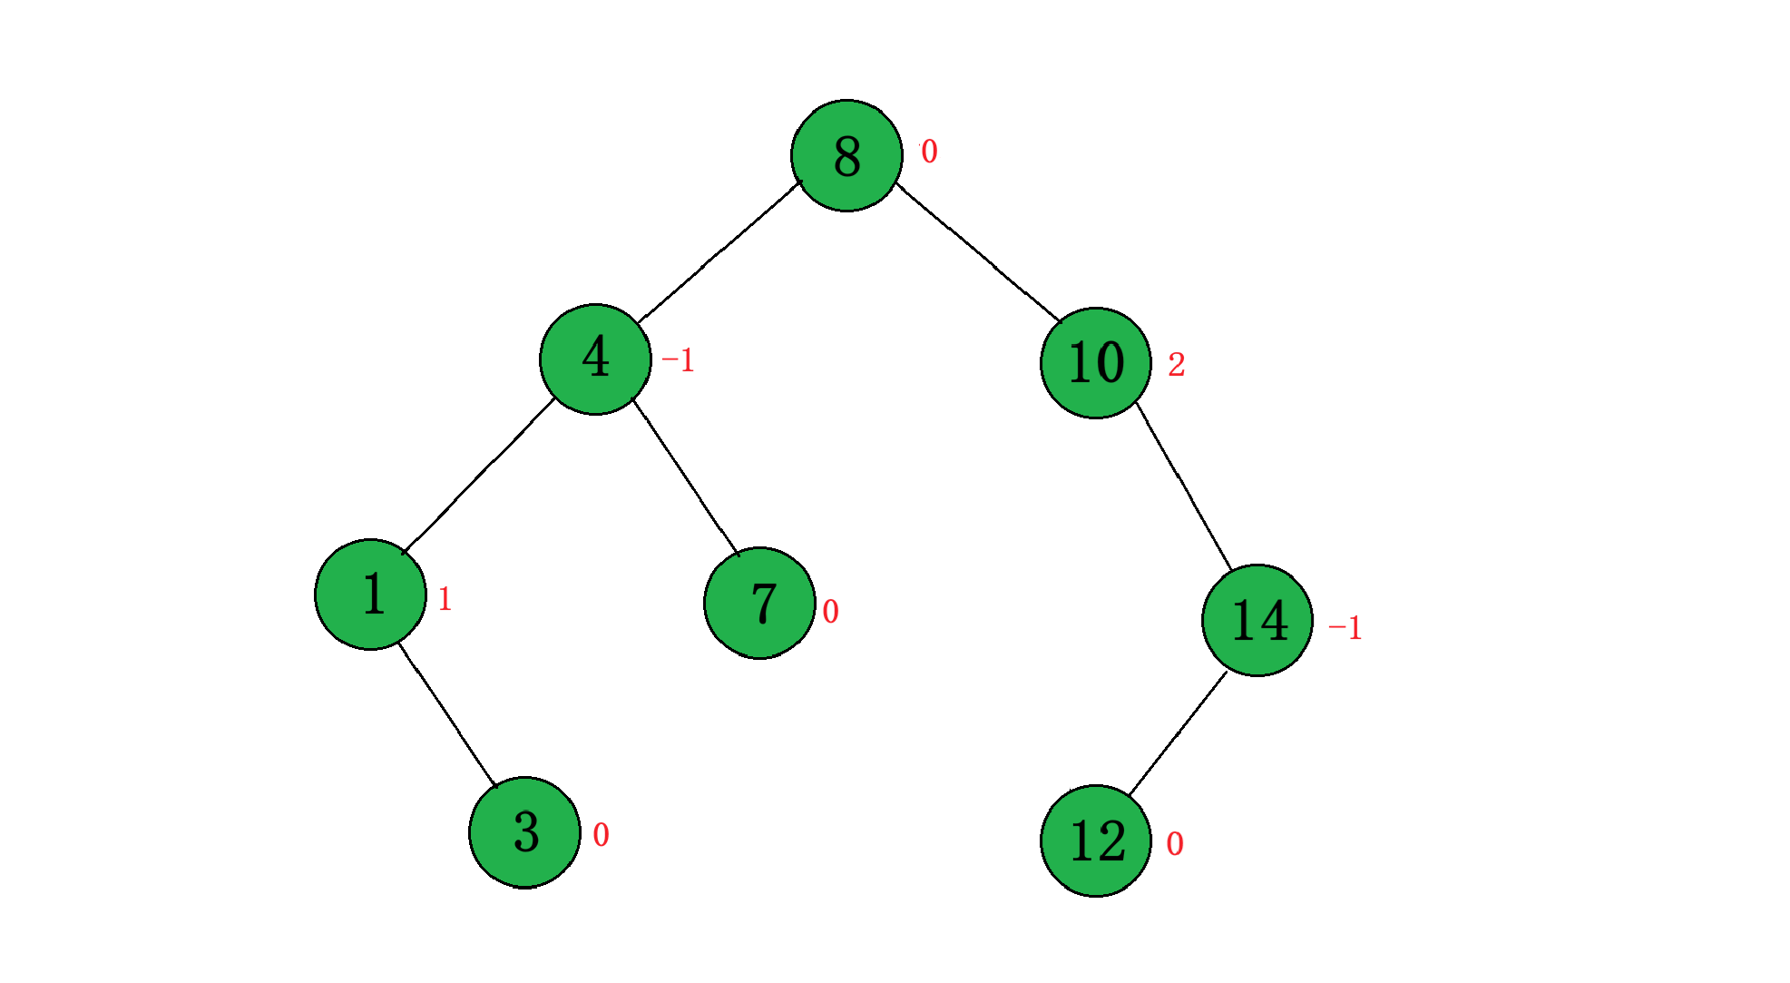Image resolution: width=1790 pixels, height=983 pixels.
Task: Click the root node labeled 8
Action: [x=846, y=155]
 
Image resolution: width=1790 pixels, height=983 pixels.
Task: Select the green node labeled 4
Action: [x=595, y=359]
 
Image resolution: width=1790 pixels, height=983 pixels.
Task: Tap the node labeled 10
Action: [x=1095, y=363]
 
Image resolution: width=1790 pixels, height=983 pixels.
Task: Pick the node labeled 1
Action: [x=370, y=595]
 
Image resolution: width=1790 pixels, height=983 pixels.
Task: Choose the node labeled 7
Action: [x=759, y=603]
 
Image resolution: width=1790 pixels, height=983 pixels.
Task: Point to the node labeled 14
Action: [x=1257, y=620]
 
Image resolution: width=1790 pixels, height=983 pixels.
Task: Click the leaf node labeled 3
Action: [x=524, y=832]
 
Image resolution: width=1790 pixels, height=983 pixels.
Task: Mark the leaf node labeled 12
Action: [x=1095, y=840]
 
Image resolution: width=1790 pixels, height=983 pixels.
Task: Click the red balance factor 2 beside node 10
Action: [x=1176, y=365]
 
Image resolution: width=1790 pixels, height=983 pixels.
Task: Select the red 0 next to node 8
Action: [x=929, y=152]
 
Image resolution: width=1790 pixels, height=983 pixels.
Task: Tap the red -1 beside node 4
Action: [x=678, y=360]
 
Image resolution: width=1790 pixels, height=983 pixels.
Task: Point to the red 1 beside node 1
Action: [x=445, y=599]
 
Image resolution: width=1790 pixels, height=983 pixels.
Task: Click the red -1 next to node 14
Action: [x=1345, y=627]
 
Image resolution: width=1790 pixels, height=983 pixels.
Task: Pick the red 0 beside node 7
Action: [x=830, y=612]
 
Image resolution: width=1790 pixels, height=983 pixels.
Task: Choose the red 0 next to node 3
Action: [x=601, y=835]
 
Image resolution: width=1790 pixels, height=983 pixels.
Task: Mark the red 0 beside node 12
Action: [x=1174, y=844]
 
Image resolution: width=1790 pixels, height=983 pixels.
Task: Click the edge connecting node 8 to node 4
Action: [x=719, y=252]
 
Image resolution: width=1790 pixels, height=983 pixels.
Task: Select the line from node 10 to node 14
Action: [x=1183, y=486]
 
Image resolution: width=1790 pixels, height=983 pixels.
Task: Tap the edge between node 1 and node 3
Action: [x=447, y=714]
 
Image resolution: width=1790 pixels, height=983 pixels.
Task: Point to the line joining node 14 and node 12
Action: [x=1178, y=733]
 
